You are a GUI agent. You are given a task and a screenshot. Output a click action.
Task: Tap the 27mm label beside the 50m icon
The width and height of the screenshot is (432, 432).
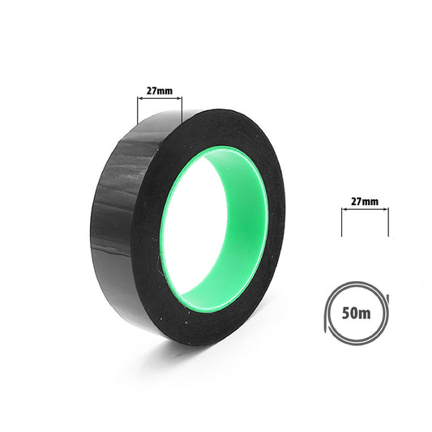click(x=365, y=200)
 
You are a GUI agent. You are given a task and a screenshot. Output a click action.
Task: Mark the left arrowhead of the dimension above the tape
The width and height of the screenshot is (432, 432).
click(x=140, y=98)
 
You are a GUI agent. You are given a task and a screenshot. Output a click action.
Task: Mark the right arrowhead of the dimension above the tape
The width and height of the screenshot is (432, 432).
click(x=180, y=98)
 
